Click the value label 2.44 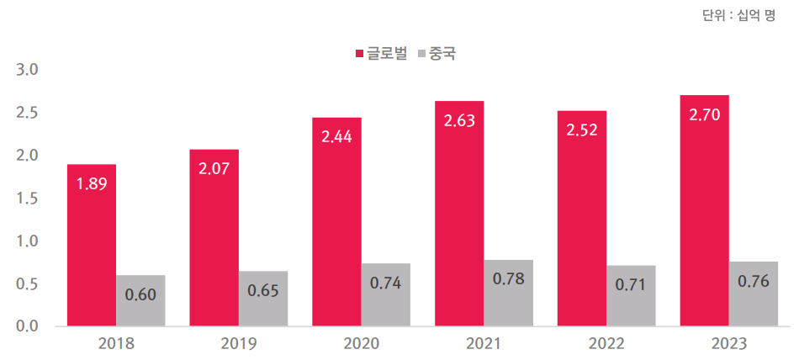pos(336,136)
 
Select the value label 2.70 pos(704,114)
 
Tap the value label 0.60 pos(140,294)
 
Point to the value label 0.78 pos(508,278)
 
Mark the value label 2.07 pos(214,168)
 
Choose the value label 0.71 pos(631,284)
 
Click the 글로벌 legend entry pos(381,53)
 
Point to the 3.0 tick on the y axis pos(29,69)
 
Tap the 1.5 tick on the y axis pos(29,198)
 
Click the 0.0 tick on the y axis pos(29,326)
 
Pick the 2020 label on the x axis pos(361,343)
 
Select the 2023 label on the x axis pos(728,343)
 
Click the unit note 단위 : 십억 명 pos(738,15)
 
